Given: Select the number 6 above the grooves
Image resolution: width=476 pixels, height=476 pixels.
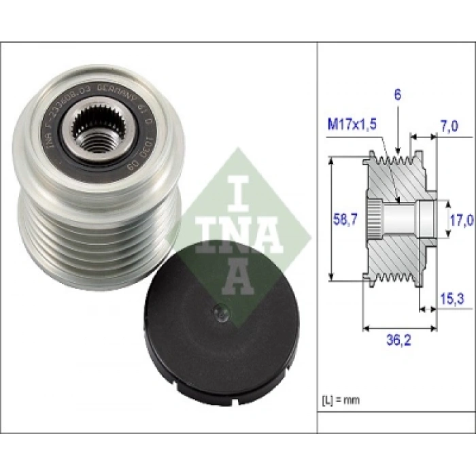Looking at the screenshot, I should click(x=397, y=95).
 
